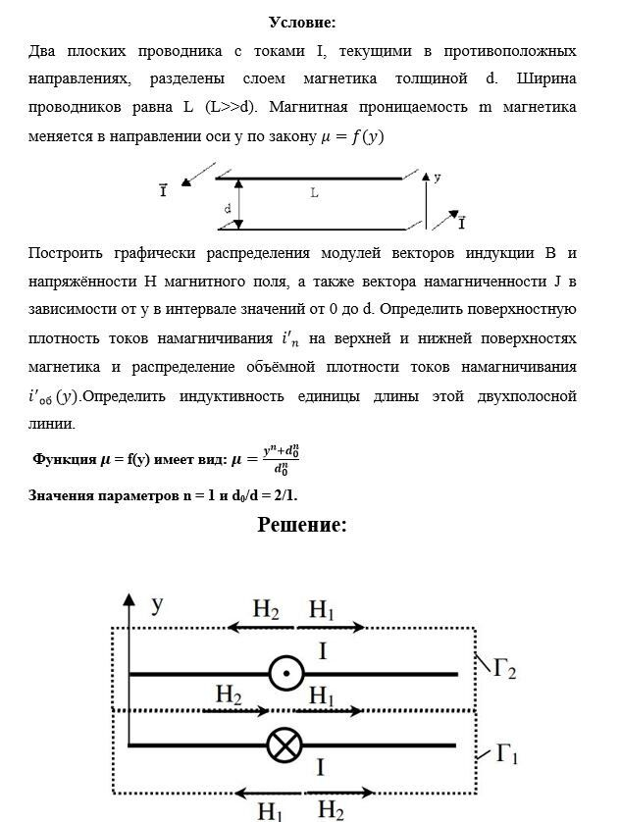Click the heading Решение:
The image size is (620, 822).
point(302,525)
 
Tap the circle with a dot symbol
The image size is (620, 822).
point(285,674)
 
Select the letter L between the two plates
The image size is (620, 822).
point(314,194)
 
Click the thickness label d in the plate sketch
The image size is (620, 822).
point(227,208)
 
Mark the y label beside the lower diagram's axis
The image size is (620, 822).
point(156,606)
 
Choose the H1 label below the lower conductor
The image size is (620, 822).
point(272,810)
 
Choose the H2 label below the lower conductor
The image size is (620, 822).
point(331,810)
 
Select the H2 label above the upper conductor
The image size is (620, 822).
point(266,610)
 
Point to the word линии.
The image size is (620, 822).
point(50,424)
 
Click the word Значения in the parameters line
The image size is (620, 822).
point(63,495)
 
